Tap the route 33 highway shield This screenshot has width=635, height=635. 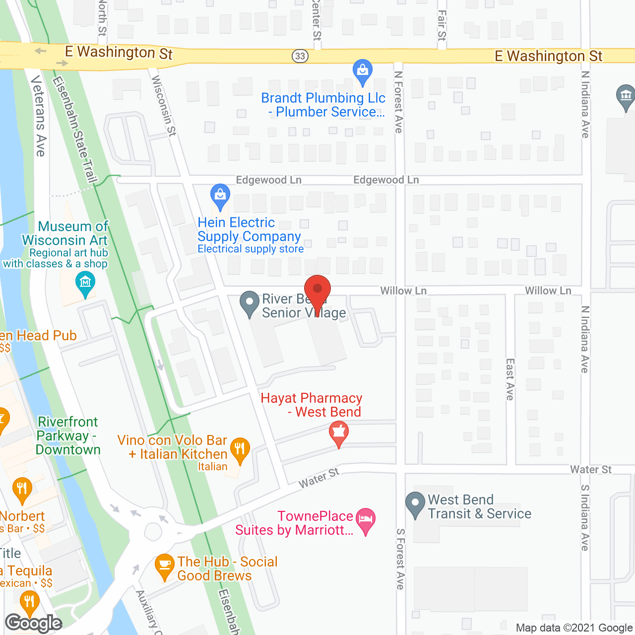click(300, 56)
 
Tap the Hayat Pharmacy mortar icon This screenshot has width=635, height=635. click(339, 433)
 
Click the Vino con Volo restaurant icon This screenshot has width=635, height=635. click(240, 449)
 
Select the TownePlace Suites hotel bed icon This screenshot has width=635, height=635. click(366, 520)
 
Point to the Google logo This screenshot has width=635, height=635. click(34, 623)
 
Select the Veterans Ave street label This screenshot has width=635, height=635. click(39, 116)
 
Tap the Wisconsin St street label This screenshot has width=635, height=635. click(164, 105)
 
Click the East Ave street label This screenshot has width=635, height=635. click(510, 380)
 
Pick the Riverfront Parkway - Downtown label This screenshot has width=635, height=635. click(68, 436)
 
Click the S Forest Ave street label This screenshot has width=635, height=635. click(400, 559)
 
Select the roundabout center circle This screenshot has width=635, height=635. click(153, 532)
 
